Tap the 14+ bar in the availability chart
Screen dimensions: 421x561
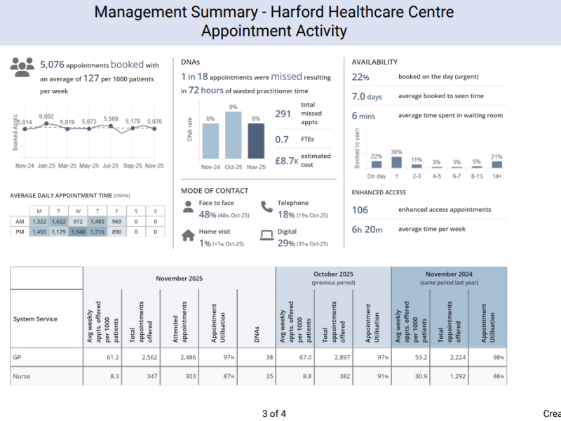click(497, 164)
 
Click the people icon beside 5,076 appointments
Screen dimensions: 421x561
click(22, 67)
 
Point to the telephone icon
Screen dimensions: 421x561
click(266, 207)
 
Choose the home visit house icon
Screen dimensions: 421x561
click(187, 236)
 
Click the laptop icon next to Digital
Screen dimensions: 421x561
click(266, 236)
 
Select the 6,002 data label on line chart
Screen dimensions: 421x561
click(46, 116)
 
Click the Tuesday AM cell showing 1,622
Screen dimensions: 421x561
click(58, 222)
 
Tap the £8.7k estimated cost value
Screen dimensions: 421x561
click(288, 161)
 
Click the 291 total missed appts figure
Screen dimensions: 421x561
click(283, 114)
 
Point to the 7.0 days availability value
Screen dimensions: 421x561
click(367, 96)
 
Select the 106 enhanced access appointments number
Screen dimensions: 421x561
click(360, 210)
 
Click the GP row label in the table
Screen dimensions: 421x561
click(17, 357)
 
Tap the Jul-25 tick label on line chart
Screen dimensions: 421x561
click(111, 166)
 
